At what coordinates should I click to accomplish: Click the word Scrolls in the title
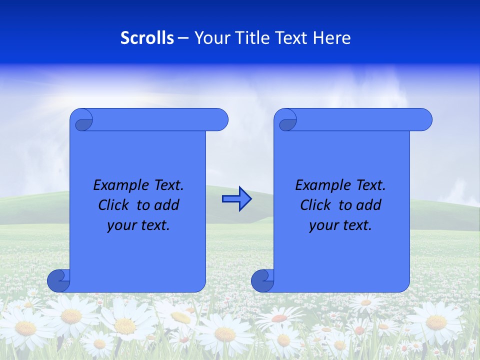147,38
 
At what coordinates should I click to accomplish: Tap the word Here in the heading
332,38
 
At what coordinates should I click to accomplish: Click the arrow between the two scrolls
236,199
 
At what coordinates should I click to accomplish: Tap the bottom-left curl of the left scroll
58,281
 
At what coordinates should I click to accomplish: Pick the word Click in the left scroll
114,205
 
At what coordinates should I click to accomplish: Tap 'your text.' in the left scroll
138,225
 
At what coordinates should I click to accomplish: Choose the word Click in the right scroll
316,205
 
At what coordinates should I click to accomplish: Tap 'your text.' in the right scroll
340,225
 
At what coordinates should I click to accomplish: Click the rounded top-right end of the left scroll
219,120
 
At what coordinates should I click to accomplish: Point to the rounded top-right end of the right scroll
423,120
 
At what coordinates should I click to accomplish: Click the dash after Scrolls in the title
183,38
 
